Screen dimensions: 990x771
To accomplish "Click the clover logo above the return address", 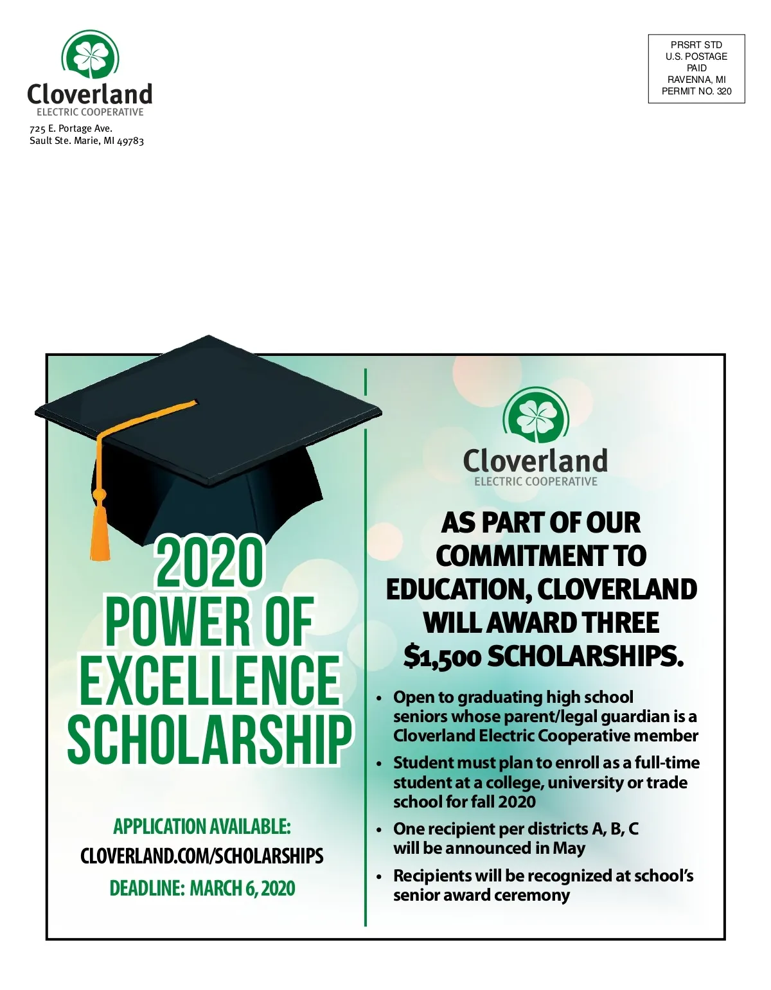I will pyautogui.click(x=90, y=56).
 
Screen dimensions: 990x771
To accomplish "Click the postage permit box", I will pyautogui.click(x=696, y=68).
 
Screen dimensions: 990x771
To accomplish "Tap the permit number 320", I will pyautogui.click(x=724, y=91).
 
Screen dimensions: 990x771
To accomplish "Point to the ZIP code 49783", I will pyautogui.click(x=130, y=141).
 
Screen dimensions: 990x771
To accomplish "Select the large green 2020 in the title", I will pyautogui.click(x=209, y=562).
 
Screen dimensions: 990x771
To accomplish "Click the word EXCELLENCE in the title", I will pyautogui.click(x=209, y=680).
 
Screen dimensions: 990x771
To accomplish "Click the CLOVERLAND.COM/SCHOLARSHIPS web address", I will pyautogui.click(x=202, y=856).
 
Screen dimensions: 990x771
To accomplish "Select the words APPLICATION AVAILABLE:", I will pyautogui.click(x=202, y=826).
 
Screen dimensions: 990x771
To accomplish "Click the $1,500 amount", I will pyautogui.click(x=442, y=657).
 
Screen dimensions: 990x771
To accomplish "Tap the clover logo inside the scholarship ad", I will pyautogui.click(x=535, y=416).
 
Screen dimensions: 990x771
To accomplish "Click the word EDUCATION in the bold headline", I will pyautogui.click(x=458, y=590).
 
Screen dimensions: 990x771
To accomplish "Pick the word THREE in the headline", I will pyautogui.click(x=620, y=623).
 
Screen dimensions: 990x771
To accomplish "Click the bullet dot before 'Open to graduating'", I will pyautogui.click(x=379, y=698).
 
